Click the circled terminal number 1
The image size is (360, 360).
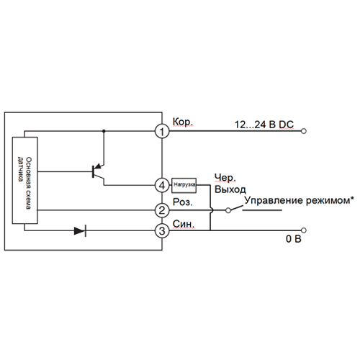(x=162, y=131)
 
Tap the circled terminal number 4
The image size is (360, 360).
(x=162, y=185)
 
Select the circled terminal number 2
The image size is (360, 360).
(x=162, y=210)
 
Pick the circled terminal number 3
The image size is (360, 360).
(x=162, y=230)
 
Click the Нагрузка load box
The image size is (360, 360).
(x=184, y=185)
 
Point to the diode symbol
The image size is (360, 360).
(x=80, y=231)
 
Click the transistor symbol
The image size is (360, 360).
(x=98, y=172)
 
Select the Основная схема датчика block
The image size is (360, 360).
(x=24, y=181)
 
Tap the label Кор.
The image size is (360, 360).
(x=183, y=122)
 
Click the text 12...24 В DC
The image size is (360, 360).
(x=264, y=125)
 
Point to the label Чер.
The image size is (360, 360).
(x=225, y=178)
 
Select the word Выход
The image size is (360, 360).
(x=230, y=189)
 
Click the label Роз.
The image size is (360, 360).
(x=183, y=202)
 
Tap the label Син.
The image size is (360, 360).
(x=184, y=224)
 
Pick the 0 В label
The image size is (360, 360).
(x=293, y=239)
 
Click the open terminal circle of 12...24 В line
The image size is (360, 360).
(x=304, y=131)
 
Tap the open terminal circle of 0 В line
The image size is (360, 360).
(x=304, y=230)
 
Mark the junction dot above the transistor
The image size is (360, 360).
(x=104, y=131)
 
